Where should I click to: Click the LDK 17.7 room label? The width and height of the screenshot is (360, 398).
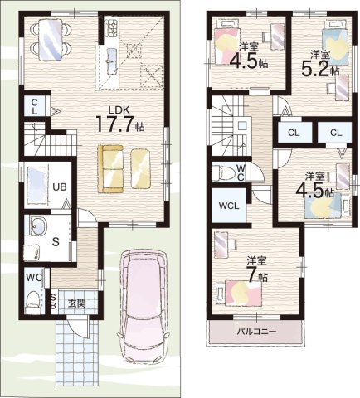[x=120, y=119]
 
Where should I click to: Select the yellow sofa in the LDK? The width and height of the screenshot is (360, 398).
[x=110, y=169]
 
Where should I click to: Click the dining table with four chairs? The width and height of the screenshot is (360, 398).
[x=51, y=39]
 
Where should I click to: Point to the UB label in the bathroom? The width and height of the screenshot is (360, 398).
[x=60, y=187]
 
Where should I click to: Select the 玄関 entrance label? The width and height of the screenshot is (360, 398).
[x=77, y=303]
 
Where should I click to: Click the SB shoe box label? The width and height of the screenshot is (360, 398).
[x=54, y=301]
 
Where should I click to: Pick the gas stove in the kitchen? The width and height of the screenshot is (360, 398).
[x=112, y=27]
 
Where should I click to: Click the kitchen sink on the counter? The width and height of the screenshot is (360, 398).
[x=111, y=61]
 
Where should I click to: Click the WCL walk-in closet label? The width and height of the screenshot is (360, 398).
[x=229, y=206]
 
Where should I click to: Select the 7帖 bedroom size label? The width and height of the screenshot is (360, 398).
[x=256, y=272]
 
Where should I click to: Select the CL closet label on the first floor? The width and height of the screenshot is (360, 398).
[x=34, y=107]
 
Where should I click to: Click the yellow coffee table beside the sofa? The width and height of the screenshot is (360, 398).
[x=140, y=168]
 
